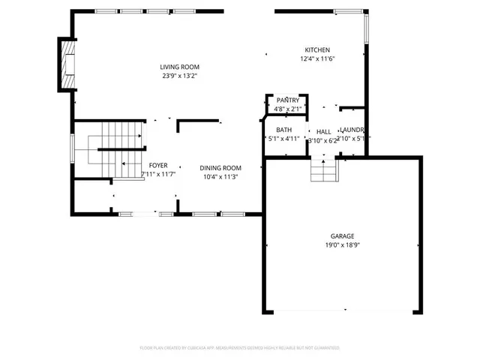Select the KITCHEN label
tap(317, 50)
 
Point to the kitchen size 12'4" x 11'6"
tap(317, 58)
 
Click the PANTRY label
tap(288, 100)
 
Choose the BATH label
tap(283, 130)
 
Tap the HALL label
tap(324, 131)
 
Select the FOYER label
tap(158, 166)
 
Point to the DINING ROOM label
tap(220, 168)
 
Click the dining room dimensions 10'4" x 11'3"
tap(220, 177)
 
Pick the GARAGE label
tap(343, 236)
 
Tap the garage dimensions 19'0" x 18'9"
tap(343, 245)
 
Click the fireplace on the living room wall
tap(68, 59)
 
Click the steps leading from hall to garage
tap(324, 172)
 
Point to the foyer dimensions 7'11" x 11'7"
tap(158, 174)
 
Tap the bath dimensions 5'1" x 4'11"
tap(284, 139)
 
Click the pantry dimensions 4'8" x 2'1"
tap(288, 109)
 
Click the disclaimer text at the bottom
tap(240, 348)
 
